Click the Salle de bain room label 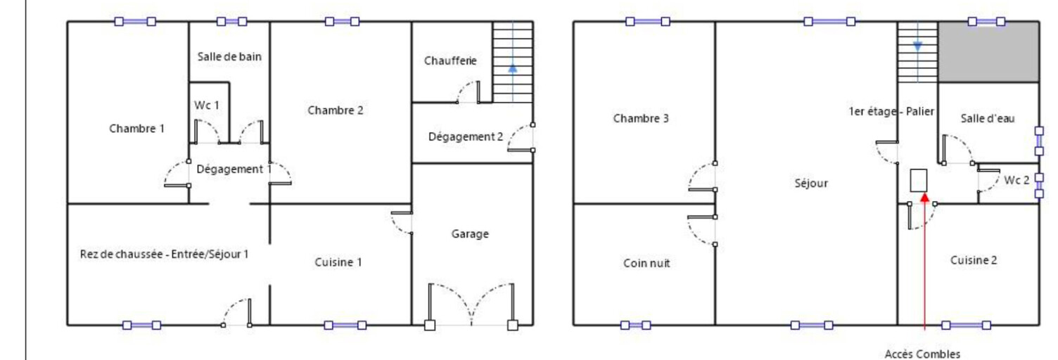(229, 57)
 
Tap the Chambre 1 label (137, 129)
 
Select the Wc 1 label (207, 105)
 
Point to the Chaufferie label (450, 61)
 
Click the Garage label (470, 234)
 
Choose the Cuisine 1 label (338, 262)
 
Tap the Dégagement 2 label (466, 137)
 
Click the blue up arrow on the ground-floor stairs (513, 68)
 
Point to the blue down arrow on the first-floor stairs (917, 46)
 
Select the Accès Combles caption (922, 354)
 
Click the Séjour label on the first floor (811, 184)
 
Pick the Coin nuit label (646, 263)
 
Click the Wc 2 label (1016, 180)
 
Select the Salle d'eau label (988, 119)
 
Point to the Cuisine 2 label (974, 260)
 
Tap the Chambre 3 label (641, 118)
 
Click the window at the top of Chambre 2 (339, 22)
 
